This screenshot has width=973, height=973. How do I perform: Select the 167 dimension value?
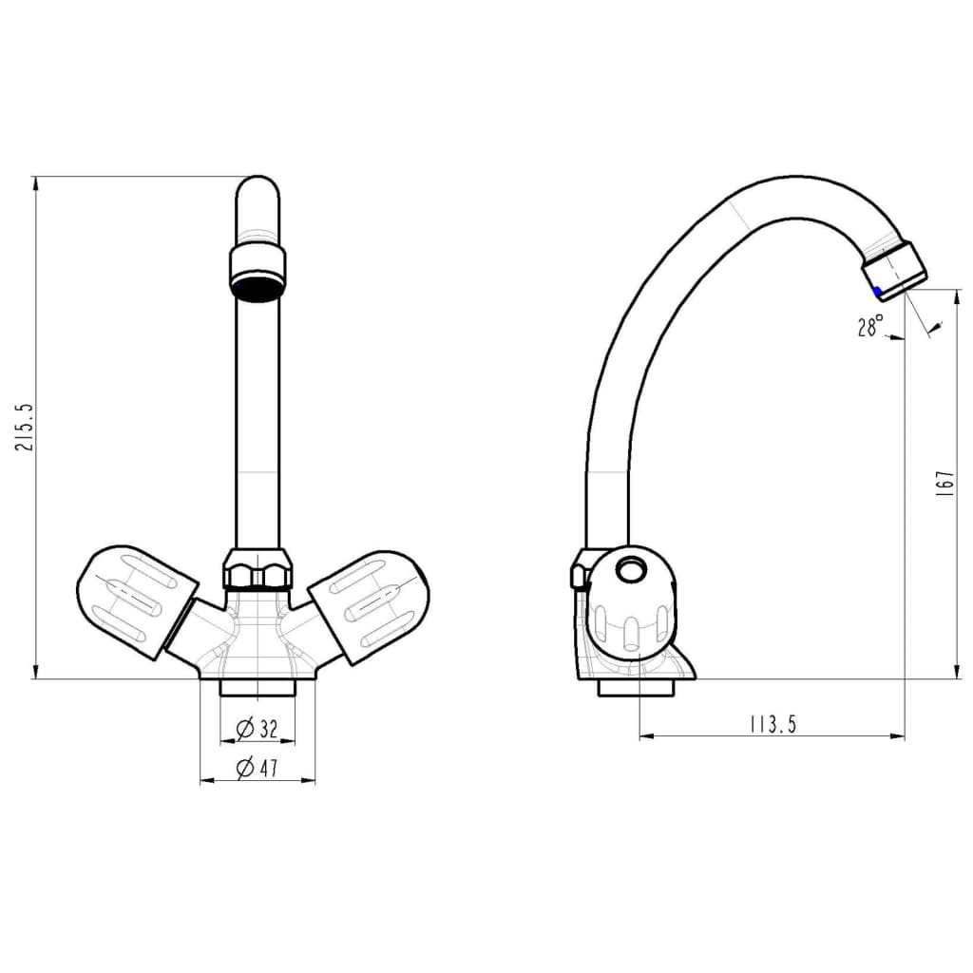(x=944, y=484)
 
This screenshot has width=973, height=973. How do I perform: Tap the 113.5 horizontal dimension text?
(x=773, y=724)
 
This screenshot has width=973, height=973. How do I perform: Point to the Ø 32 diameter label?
(x=257, y=729)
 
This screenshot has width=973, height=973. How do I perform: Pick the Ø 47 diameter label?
(x=257, y=768)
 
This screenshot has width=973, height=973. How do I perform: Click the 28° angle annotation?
(x=870, y=326)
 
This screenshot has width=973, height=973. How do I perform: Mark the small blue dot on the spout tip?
(x=877, y=291)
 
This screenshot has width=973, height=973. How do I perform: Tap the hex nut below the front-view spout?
(x=257, y=568)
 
